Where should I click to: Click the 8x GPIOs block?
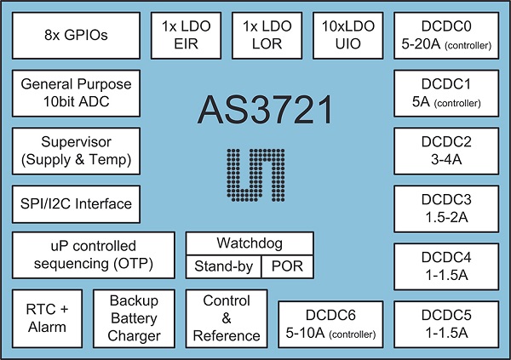pyautogui.click(x=77, y=36)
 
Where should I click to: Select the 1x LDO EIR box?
pyautogui.click(x=186, y=36)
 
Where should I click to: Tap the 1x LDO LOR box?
pyautogui.click(x=267, y=36)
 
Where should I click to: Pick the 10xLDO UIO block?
pyautogui.click(x=348, y=36)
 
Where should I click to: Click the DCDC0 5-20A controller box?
pyautogui.click(x=446, y=36)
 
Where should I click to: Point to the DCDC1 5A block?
pyautogui.click(x=446, y=93)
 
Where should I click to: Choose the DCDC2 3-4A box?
pyautogui.click(x=446, y=151)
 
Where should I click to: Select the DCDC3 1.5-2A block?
pyautogui.click(x=446, y=209)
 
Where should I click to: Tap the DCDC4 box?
pyautogui.click(x=446, y=266)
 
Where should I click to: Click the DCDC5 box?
pyautogui.click(x=446, y=324)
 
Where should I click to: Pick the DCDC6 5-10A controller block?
pyautogui.click(x=330, y=324)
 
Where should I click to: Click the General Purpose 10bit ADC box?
pyautogui.click(x=77, y=93)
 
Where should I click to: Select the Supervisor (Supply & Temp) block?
pyautogui.click(x=77, y=151)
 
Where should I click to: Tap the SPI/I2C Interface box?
pyautogui.click(x=77, y=204)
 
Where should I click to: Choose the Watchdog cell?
pyautogui.click(x=250, y=243)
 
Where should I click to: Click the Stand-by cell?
pyautogui.click(x=223, y=267)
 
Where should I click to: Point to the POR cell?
pyautogui.click(x=288, y=267)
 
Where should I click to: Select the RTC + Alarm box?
pyautogui.click(x=47, y=318)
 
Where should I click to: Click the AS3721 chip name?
pyautogui.click(x=266, y=110)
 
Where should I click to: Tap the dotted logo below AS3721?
pyautogui.click(x=255, y=175)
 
